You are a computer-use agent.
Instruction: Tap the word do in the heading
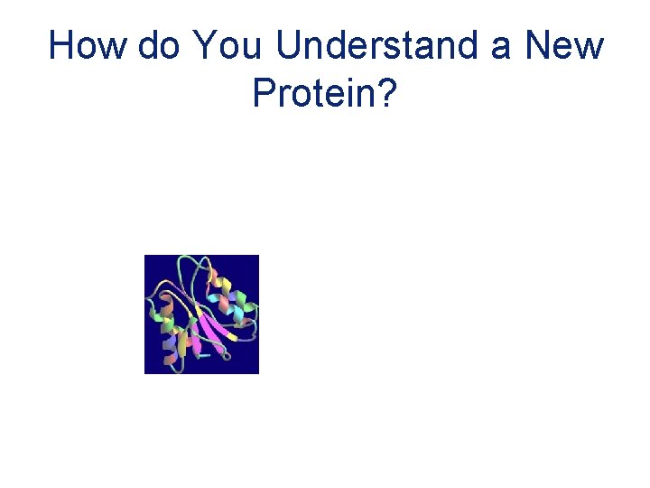tap(159, 45)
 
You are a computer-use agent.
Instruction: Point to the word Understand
tap(379, 45)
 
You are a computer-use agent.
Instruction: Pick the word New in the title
tap(563, 45)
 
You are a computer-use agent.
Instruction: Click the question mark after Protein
tap(388, 92)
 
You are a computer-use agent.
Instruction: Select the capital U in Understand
tap(288, 45)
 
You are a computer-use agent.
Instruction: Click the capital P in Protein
tap(264, 92)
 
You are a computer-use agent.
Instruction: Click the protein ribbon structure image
tap(201, 314)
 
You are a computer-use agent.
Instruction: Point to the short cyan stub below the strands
tap(204, 356)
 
